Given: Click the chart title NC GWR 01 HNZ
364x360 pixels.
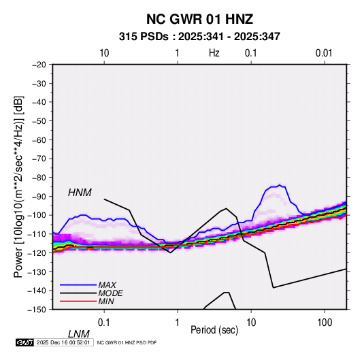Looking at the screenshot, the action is tap(199, 19).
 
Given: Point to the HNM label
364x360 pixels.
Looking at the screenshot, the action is tap(80, 193).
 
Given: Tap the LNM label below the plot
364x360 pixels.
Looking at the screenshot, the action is tap(78, 334).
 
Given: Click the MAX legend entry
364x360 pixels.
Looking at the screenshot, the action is tap(107, 284).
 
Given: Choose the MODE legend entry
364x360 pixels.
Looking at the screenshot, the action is tap(110, 293).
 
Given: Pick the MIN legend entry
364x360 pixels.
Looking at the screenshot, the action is tap(106, 301).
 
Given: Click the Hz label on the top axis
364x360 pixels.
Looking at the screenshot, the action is tap(214, 53).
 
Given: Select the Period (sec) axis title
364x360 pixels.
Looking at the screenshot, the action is tap(214, 329).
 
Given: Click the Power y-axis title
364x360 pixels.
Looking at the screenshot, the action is tap(18, 187).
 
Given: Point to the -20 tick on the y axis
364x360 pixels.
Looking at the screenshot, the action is tap(39, 65).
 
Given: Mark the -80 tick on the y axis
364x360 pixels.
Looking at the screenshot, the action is tap(39, 178).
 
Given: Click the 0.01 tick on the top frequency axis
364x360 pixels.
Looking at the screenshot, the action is tap(324, 53).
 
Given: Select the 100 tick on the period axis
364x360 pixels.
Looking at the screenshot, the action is tap(325, 322).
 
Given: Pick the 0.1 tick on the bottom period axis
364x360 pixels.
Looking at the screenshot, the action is tap(103, 322).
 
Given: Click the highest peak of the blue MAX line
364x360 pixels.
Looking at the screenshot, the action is tap(280, 185).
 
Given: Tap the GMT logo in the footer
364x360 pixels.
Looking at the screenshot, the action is tap(24, 342).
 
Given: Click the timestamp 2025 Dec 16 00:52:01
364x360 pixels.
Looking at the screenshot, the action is tap(63, 342).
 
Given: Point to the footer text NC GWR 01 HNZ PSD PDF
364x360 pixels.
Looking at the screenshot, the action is tap(127, 342).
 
